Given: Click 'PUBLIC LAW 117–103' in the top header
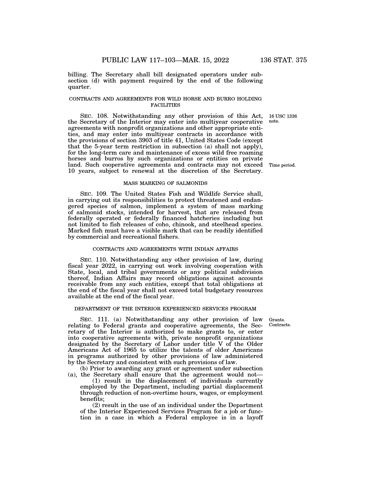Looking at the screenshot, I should [x=138, y=60].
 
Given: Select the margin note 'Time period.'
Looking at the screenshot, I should [x=282, y=165].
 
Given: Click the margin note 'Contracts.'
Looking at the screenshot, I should [x=280, y=325].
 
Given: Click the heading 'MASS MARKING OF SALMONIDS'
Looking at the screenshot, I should [x=165, y=183].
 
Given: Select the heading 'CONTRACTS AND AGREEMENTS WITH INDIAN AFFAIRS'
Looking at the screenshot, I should [x=165, y=249].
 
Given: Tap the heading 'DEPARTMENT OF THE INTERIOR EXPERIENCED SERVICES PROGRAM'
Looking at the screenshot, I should [x=165, y=309].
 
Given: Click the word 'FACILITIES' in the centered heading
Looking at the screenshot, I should [x=165, y=105].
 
